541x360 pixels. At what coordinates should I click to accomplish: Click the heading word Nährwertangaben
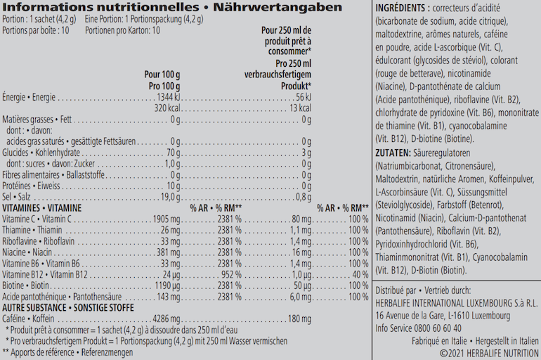(x=278, y=7)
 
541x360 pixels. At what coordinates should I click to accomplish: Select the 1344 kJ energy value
(x=169, y=97)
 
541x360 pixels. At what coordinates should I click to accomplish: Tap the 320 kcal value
(x=167, y=108)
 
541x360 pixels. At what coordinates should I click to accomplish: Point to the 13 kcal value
(x=300, y=108)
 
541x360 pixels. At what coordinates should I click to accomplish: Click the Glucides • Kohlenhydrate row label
(x=41, y=153)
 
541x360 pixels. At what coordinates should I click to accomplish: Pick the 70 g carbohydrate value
(x=174, y=153)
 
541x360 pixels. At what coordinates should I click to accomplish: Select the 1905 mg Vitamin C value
(x=167, y=219)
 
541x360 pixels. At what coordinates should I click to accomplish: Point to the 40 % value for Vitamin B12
(x=360, y=275)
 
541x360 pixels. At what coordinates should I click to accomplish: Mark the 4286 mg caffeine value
(x=167, y=319)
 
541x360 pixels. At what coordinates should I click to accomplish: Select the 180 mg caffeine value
(x=299, y=319)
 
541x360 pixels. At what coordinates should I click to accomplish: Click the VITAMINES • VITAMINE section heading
(x=41, y=208)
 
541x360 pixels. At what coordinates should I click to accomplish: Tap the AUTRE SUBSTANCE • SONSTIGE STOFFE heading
(x=68, y=307)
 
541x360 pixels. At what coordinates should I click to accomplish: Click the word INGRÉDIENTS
(x=400, y=8)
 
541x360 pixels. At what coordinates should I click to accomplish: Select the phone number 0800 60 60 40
(x=438, y=328)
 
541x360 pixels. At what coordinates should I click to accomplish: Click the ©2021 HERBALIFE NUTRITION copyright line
(x=489, y=354)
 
